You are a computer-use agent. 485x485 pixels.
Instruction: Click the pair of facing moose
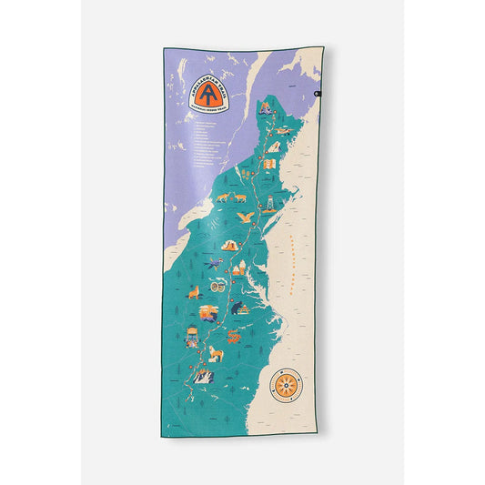[226, 197]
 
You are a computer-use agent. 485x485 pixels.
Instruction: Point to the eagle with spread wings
[244, 218]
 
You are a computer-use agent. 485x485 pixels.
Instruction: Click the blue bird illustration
[215, 267]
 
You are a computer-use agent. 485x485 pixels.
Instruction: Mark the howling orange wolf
[193, 292]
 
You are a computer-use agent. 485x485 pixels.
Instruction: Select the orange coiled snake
[234, 338]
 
